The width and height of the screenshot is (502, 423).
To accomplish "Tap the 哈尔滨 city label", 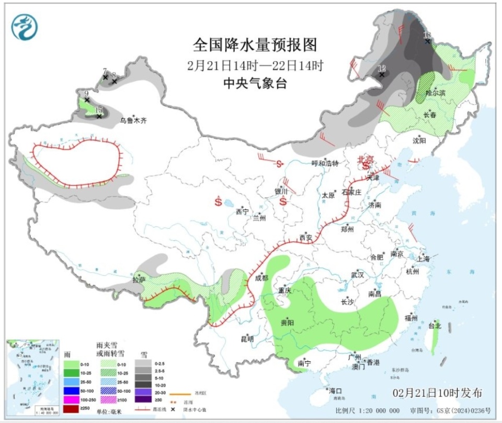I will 435,93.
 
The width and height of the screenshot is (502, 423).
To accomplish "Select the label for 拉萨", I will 139,280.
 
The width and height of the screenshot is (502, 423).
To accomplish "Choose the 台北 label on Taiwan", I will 435,326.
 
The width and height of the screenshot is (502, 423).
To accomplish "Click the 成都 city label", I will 261,278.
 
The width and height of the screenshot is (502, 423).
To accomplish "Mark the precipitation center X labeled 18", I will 428,41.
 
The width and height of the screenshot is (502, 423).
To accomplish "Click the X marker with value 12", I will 382,74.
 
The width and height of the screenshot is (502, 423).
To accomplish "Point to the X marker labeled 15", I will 99,116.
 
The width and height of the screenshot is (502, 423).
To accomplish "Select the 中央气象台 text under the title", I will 255,83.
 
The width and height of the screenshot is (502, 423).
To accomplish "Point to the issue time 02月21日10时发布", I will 437,393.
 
